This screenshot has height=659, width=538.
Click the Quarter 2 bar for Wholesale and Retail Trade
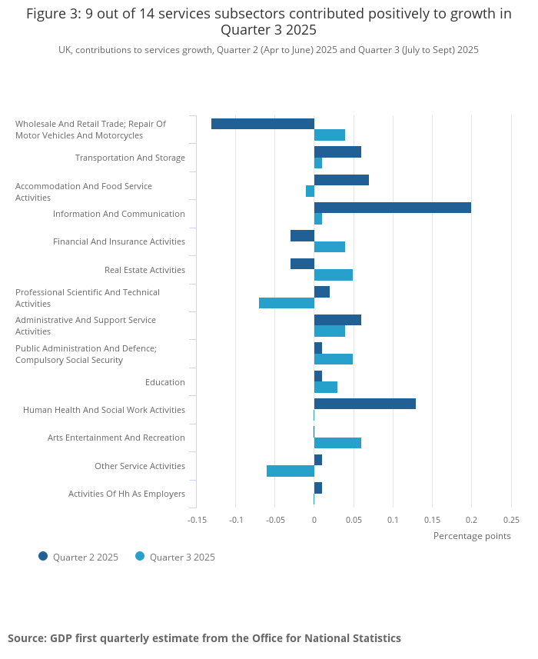pyautogui.click(x=262, y=124)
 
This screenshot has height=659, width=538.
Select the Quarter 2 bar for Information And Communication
pyautogui.click(x=392, y=208)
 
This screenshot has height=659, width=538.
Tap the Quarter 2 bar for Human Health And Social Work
pyautogui.click(x=364, y=404)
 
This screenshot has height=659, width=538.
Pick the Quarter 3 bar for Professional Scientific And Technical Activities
pyautogui.click(x=286, y=303)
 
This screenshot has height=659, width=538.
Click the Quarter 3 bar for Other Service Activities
pyautogui.click(x=290, y=471)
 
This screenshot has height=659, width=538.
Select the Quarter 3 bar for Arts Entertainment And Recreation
pyautogui.click(x=337, y=443)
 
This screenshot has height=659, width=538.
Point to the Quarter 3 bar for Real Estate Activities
pyautogui.click(x=333, y=275)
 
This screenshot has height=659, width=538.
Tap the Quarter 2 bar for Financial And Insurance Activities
pyautogui.click(x=302, y=236)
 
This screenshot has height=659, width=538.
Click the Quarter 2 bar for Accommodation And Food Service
pyautogui.click(x=341, y=180)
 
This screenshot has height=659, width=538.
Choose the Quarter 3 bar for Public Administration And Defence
pyautogui.click(x=333, y=359)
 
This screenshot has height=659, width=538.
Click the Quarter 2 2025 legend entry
pyautogui.click(x=78, y=557)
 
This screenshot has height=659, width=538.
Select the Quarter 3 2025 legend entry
pyautogui.click(x=175, y=557)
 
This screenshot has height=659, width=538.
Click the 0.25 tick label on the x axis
pyautogui.click(x=511, y=519)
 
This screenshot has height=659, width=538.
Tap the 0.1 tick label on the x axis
pyautogui.click(x=393, y=519)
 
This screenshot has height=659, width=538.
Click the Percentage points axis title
pyautogui.click(x=471, y=536)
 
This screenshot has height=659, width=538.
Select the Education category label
pyautogui.click(x=164, y=382)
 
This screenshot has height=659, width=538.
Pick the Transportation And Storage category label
pyautogui.click(x=130, y=158)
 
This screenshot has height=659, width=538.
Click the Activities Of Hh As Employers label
pyautogui.click(x=126, y=494)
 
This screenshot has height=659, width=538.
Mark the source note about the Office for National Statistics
pyautogui.click(x=204, y=638)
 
